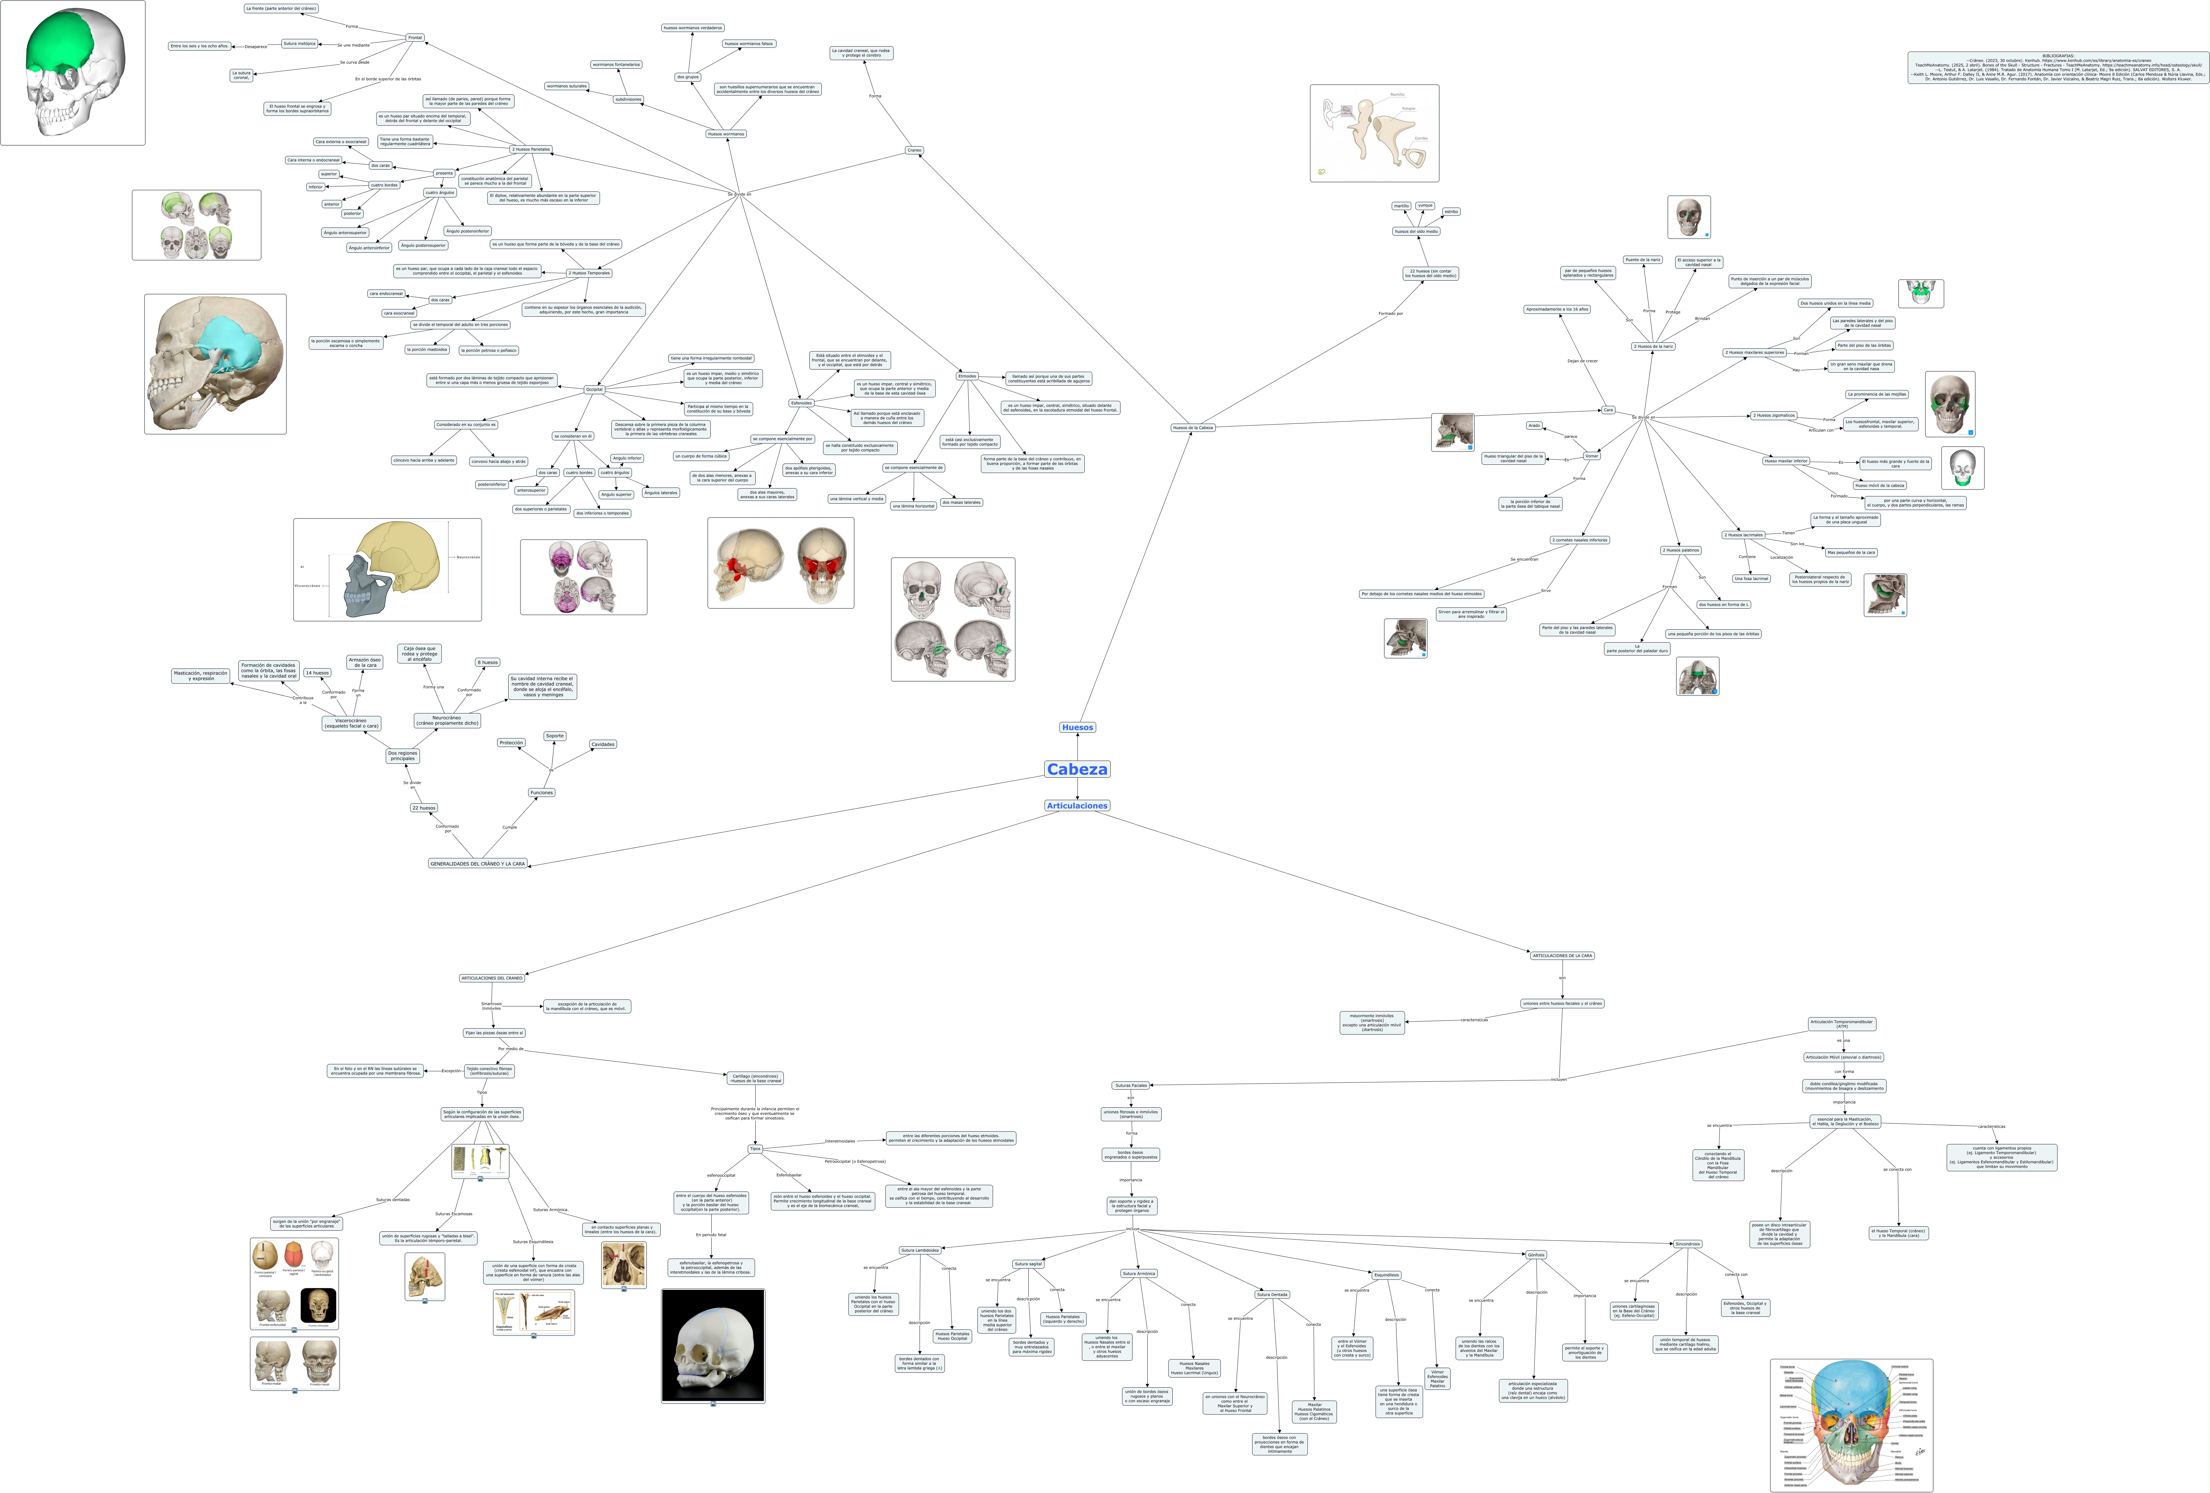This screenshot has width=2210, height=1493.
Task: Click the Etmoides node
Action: pyautogui.click(x=967, y=376)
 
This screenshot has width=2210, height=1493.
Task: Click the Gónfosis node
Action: pyautogui.click(x=1536, y=1254)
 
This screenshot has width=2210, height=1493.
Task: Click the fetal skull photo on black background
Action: pyautogui.click(x=712, y=1345)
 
